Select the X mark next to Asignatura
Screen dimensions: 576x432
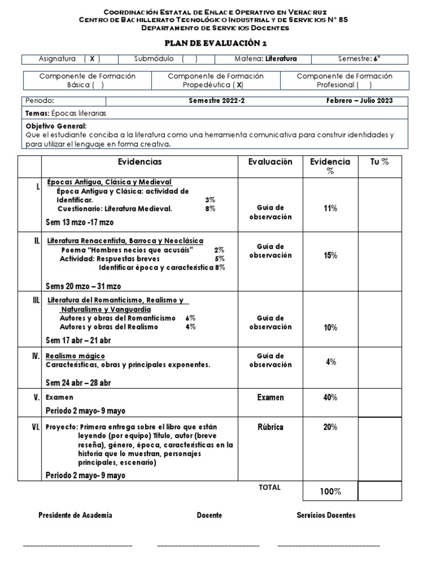point(92,58)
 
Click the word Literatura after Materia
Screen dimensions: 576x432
point(281,58)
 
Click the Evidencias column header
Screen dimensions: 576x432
point(139,162)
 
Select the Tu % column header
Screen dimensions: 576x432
point(380,162)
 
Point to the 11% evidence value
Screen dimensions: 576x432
point(330,208)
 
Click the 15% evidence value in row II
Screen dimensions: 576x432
point(330,255)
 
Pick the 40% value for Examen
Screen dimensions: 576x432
point(330,397)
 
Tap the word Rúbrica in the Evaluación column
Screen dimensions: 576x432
point(270,427)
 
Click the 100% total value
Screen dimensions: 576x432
point(330,492)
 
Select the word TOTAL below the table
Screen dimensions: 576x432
point(269,488)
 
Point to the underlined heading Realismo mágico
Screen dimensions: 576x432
point(75,356)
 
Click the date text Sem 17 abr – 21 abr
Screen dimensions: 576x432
point(78,341)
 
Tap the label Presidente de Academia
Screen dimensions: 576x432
point(75,515)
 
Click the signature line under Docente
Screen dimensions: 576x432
point(208,544)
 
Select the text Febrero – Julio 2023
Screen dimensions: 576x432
point(359,101)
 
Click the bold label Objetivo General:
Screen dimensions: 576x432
point(56,126)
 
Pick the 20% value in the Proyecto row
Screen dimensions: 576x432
point(330,427)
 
